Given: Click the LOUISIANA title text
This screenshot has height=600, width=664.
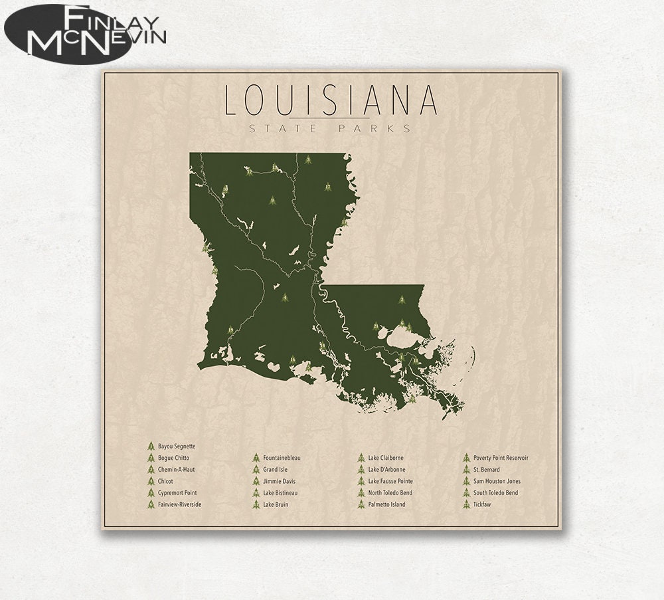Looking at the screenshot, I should (x=331, y=100).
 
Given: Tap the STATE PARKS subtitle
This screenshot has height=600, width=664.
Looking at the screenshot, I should (x=330, y=128).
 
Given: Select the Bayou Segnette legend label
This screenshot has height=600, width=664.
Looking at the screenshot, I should (x=177, y=447).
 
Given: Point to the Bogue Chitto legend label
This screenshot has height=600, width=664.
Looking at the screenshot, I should (x=174, y=458).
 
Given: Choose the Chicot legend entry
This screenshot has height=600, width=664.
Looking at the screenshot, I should (x=166, y=481).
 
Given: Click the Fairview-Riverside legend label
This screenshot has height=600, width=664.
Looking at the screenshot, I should (x=179, y=504).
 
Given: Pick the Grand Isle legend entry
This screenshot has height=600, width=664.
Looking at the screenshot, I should (x=276, y=470).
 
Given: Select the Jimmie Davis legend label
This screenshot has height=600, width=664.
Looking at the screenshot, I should (x=280, y=481).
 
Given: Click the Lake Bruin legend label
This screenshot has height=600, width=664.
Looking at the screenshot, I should (x=276, y=504).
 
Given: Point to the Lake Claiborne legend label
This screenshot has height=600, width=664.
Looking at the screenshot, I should (x=386, y=458).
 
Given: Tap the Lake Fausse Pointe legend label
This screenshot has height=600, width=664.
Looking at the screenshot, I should (x=390, y=481).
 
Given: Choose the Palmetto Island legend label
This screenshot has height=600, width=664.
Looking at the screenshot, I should (x=387, y=504).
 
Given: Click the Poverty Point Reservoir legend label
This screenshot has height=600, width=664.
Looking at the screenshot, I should (x=501, y=458).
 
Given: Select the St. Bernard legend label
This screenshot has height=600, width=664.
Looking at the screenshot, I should (x=487, y=470).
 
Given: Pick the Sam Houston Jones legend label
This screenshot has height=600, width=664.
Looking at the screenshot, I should (x=497, y=481).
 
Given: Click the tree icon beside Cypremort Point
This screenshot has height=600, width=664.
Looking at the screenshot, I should (x=151, y=493).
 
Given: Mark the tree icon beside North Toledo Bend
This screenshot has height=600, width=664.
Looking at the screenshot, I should (x=361, y=493).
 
